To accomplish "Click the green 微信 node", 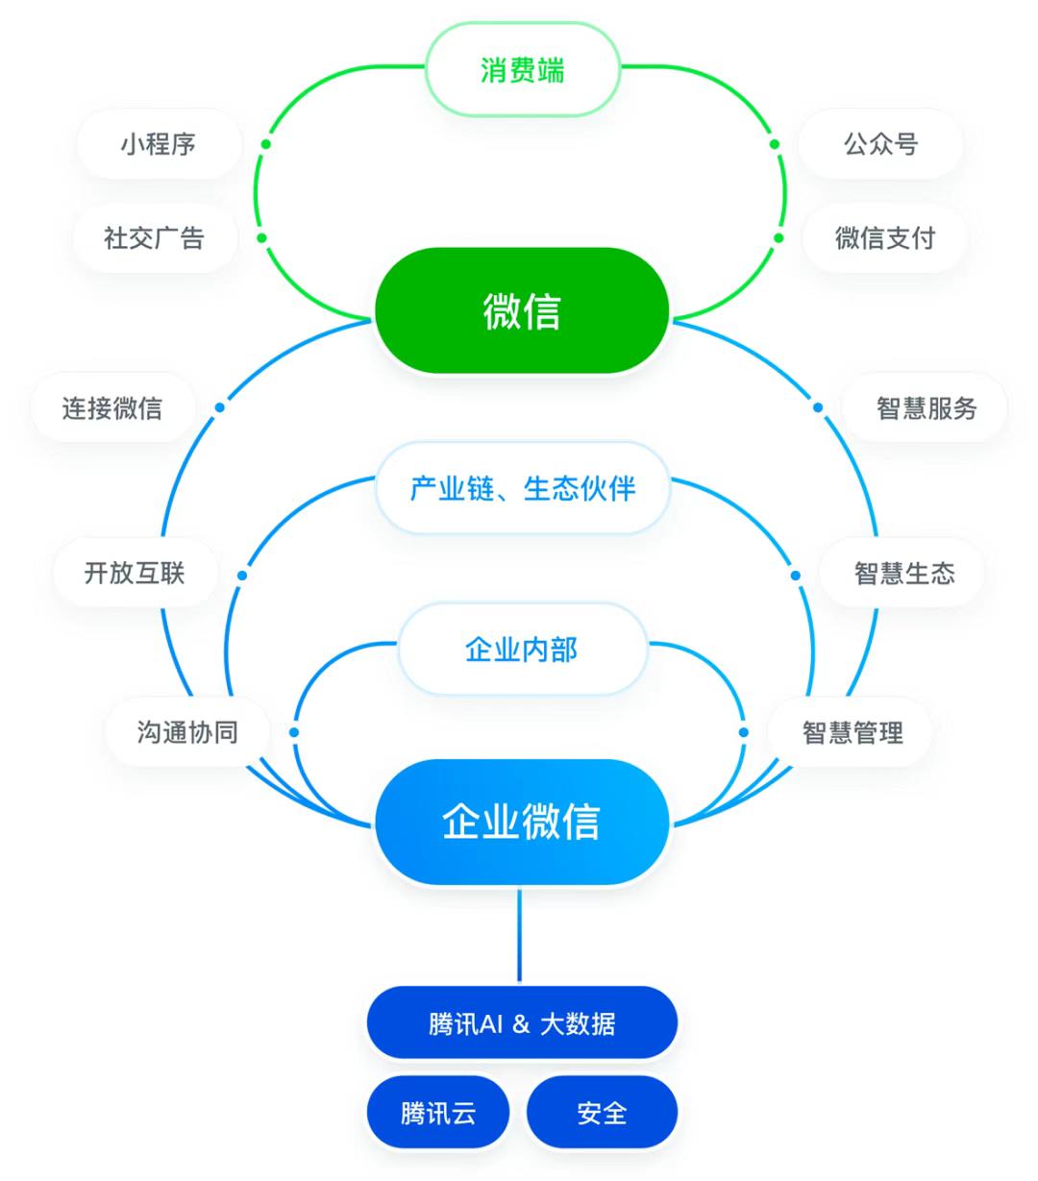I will [x=521, y=310].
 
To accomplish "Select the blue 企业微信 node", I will [x=521, y=822].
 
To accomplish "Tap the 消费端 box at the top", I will [x=522, y=70].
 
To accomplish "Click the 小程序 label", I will [x=159, y=144].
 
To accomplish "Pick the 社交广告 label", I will [x=155, y=237].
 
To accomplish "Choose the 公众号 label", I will [x=880, y=144].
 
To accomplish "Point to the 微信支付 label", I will [x=884, y=237].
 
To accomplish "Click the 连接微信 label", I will [x=112, y=407].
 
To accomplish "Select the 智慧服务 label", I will [x=926, y=407].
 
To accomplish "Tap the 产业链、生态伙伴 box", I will [x=522, y=488].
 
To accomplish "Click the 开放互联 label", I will [x=135, y=573].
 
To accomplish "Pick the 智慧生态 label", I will [x=903, y=573].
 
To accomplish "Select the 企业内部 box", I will [x=522, y=650].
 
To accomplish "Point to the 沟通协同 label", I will [x=187, y=732].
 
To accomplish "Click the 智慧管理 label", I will [x=852, y=732].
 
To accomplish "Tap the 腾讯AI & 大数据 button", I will [x=522, y=1023].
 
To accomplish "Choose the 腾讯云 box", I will [x=438, y=1113].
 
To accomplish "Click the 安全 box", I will [x=602, y=1113].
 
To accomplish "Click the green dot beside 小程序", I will [x=265, y=144].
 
